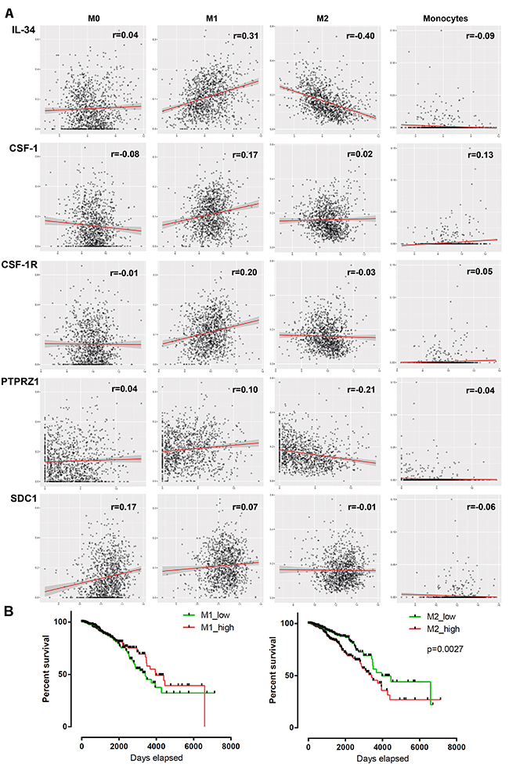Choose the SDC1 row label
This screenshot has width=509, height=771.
click(23, 493)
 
